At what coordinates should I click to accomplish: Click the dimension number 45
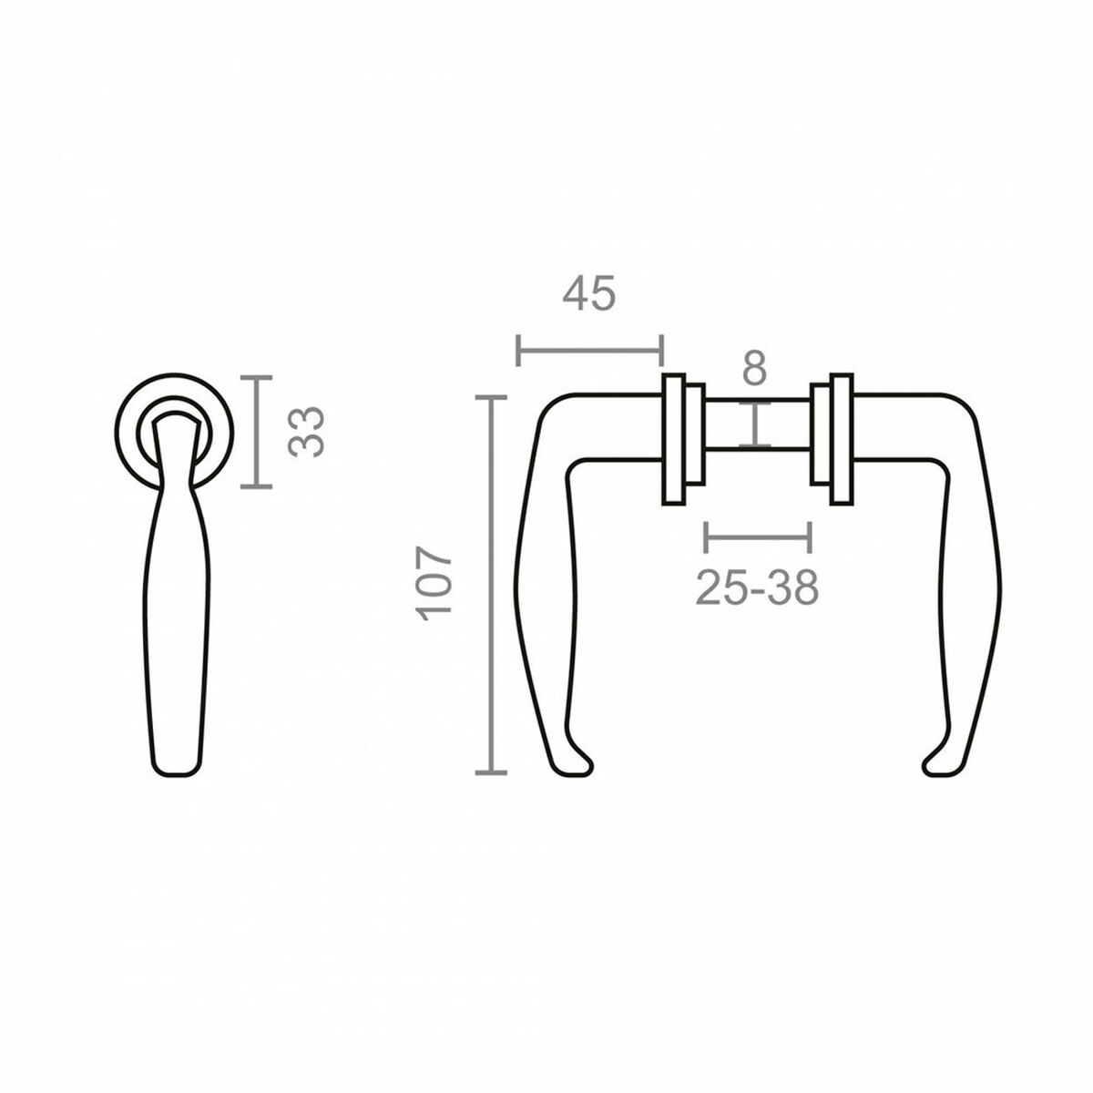point(589,294)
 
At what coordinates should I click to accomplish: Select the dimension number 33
point(307,432)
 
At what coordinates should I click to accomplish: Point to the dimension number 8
point(754,369)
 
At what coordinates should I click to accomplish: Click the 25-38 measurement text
point(757,588)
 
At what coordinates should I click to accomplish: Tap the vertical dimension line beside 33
point(258,432)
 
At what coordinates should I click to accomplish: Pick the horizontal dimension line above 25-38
point(757,536)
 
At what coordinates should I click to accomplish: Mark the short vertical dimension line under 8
point(755,424)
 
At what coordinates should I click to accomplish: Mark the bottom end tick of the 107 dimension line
point(492,772)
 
